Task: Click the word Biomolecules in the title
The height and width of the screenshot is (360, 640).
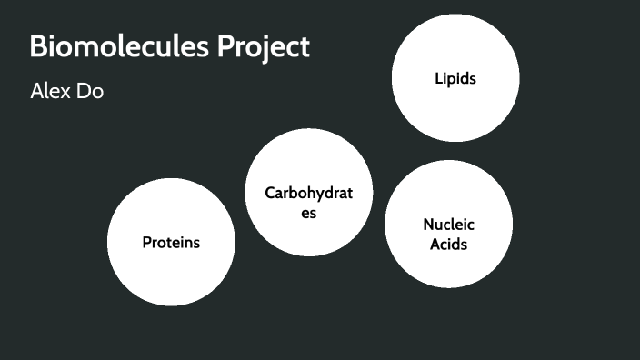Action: point(119,46)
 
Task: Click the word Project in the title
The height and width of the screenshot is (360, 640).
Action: point(264,46)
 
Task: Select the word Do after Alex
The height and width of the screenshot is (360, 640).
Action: point(92,92)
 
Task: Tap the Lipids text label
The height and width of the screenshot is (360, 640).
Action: point(455,79)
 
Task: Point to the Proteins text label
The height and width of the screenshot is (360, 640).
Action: point(171,243)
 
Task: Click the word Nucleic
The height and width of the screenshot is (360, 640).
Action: point(449,225)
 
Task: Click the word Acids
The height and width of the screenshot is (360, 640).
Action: point(449,245)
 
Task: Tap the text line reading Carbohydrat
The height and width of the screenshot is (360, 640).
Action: point(309,193)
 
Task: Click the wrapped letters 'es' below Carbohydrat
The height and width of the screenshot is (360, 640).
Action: point(309,214)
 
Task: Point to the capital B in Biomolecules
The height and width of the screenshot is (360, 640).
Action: point(38,46)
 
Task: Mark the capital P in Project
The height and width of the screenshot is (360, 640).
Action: point(227,46)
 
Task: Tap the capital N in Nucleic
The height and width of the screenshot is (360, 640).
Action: point(428,225)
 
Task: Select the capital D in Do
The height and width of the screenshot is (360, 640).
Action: point(85,92)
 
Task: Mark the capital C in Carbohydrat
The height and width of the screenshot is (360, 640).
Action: point(270,193)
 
